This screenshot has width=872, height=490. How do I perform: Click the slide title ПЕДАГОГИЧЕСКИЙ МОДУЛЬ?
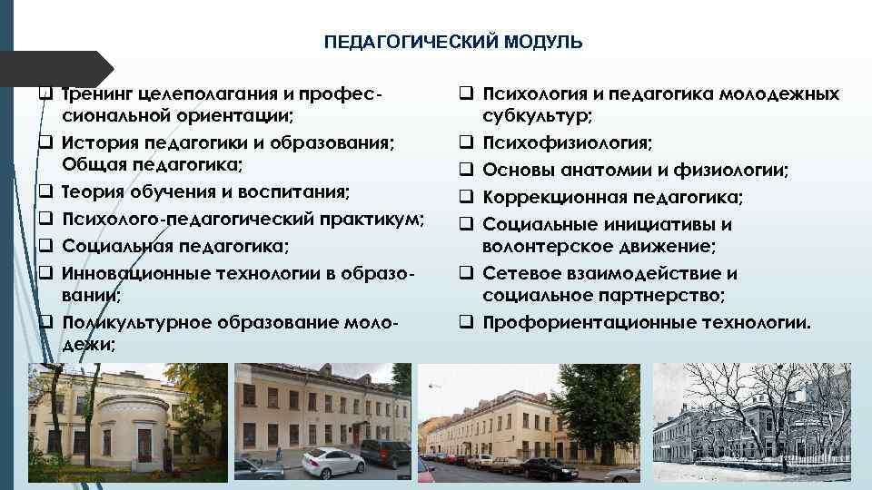[453, 42]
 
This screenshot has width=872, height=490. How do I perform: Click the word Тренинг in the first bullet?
[98, 93]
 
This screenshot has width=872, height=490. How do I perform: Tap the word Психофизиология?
[566, 142]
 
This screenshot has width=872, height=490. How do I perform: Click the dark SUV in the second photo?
[385, 452]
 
